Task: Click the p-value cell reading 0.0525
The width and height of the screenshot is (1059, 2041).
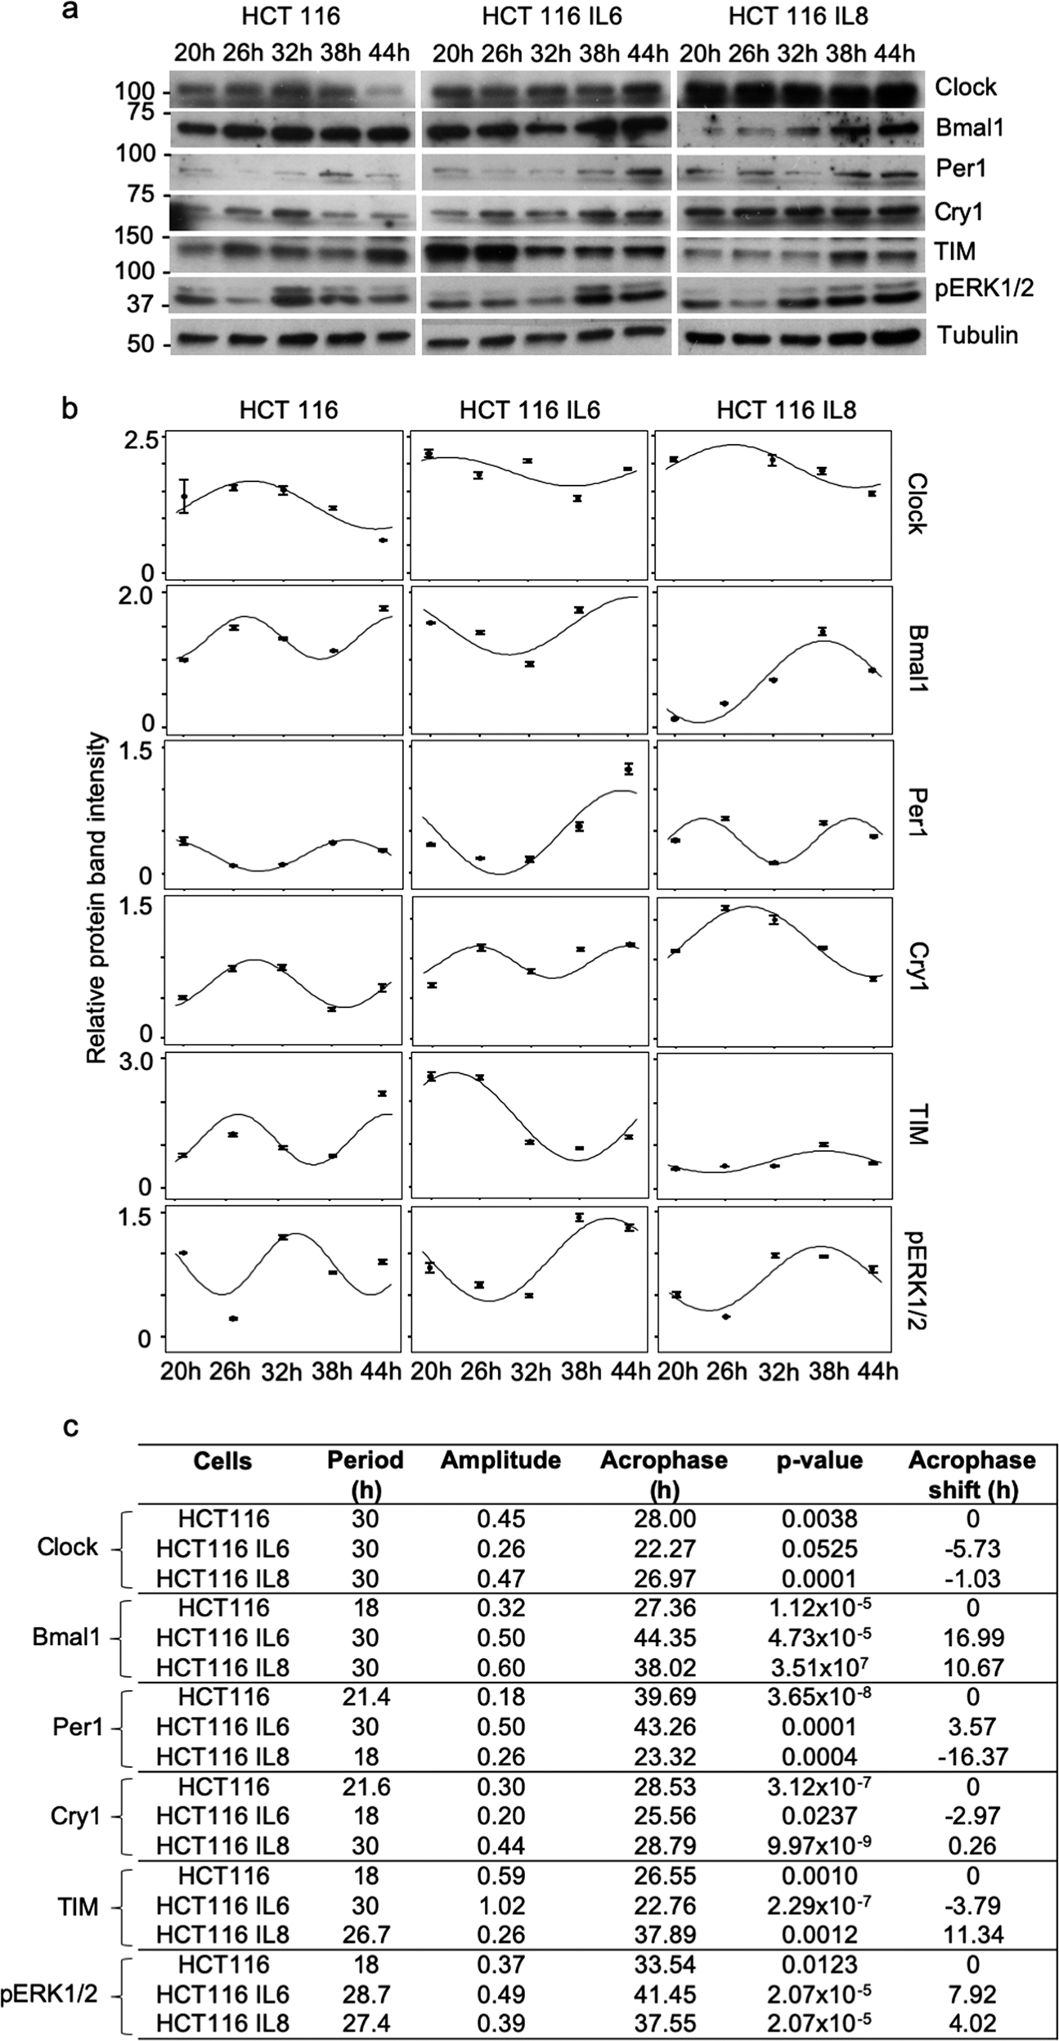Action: tap(819, 1549)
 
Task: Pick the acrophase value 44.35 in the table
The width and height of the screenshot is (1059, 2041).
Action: tap(664, 1638)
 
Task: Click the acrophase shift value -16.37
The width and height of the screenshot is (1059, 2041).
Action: tap(971, 1756)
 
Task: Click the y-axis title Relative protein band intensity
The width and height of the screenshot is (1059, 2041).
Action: tap(96, 897)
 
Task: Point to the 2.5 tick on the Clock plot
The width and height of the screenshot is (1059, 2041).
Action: tap(139, 440)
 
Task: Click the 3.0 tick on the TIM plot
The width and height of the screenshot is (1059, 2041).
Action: tap(139, 1063)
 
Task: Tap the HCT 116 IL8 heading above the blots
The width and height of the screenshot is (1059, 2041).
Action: tap(798, 16)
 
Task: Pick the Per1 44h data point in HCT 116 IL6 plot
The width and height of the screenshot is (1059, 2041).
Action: tap(628, 769)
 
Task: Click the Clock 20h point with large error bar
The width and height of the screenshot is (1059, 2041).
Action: tap(185, 496)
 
